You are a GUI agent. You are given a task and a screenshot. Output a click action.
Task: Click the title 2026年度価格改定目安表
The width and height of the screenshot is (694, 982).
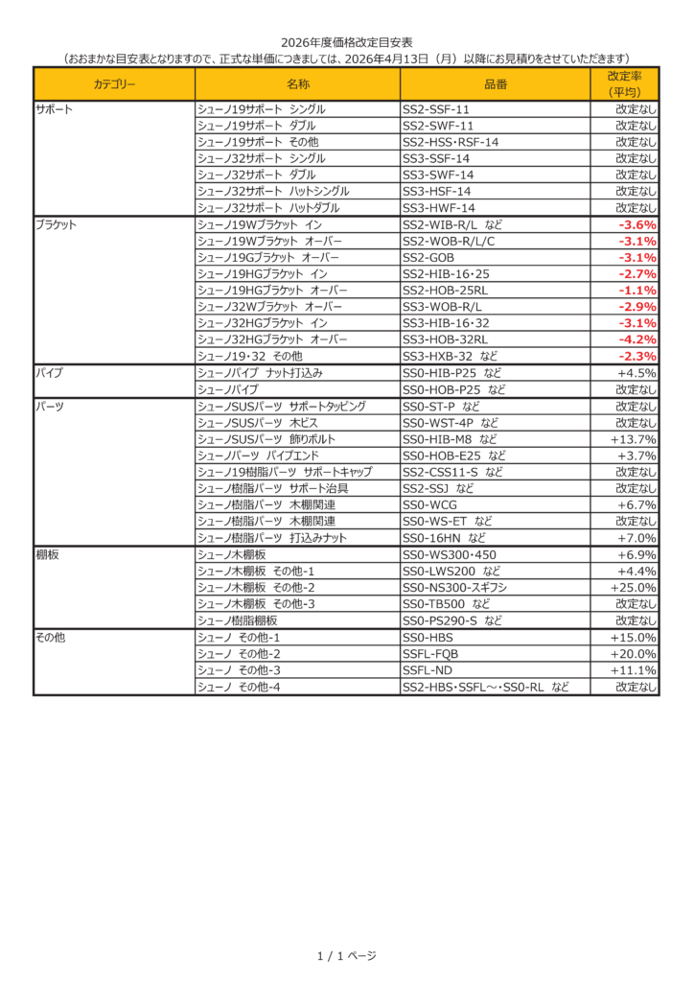pyautogui.click(x=346, y=42)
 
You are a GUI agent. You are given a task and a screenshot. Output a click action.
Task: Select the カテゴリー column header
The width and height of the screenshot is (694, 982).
pyautogui.click(x=114, y=84)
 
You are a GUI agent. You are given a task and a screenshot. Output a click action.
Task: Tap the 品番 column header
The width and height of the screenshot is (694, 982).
pyautogui.click(x=496, y=84)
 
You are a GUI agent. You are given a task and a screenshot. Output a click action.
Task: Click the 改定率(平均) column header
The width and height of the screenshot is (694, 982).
pyautogui.click(x=624, y=84)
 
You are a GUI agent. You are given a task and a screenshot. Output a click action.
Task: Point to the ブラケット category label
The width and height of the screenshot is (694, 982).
pyautogui.click(x=56, y=224)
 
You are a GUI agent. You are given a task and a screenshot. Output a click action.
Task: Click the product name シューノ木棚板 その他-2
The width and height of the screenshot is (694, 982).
pyautogui.click(x=256, y=587)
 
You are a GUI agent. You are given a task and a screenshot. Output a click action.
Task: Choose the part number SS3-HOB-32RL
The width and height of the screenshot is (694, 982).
pyautogui.click(x=446, y=339)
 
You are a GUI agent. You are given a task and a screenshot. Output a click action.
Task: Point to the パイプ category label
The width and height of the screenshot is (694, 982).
pyautogui.click(x=49, y=372)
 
